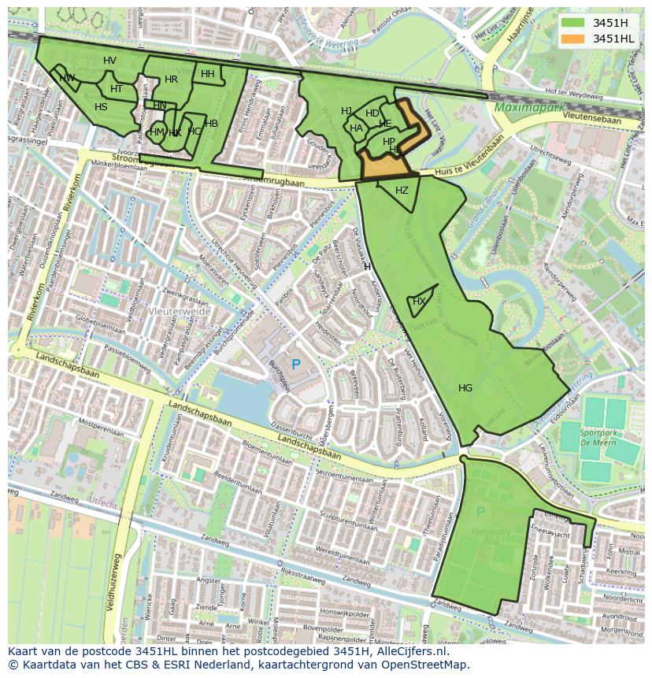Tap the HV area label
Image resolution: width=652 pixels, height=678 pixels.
[109, 61]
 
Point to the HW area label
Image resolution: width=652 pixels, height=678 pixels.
[67, 77]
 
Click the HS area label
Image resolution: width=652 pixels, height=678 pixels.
[101, 107]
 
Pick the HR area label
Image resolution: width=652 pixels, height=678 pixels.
[171, 80]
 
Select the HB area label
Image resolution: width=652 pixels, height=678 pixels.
[211, 123]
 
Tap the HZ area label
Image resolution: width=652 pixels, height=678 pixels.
[402, 191]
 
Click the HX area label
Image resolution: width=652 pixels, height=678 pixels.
[419, 302]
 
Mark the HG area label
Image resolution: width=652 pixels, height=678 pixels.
[465, 387]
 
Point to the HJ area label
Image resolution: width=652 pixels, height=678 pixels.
[346, 111]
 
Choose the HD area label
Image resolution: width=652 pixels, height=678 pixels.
[372, 113]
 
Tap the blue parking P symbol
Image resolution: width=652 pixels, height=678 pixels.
[296, 365]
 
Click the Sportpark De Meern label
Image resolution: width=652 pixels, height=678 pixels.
[598, 439]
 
